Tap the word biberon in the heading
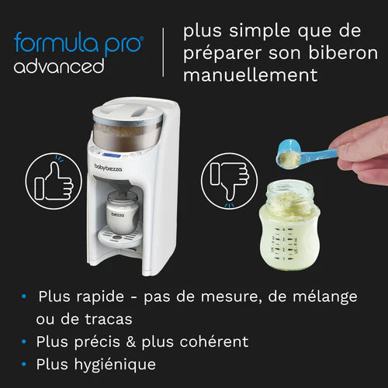317,54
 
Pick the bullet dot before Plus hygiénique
26,363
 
